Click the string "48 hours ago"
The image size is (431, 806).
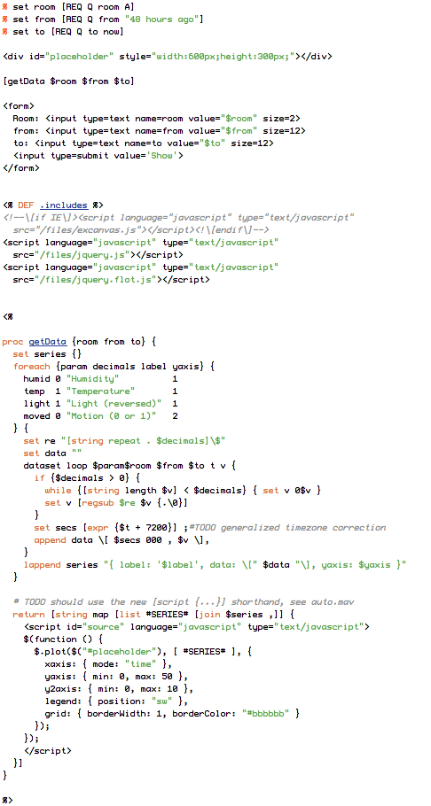coord(167,19)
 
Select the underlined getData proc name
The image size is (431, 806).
coord(47,342)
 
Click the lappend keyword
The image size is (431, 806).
coord(43,565)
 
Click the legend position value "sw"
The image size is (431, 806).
coord(161,701)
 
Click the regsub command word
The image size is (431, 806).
coord(98,503)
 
